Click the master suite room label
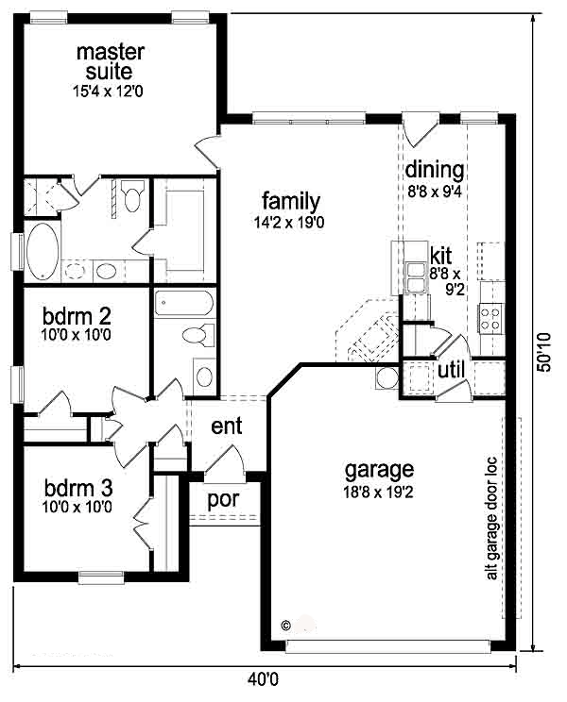pos(111,61)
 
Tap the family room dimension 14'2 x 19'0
pos(289,223)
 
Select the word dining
pos(435,170)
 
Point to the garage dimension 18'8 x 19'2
pos(378,493)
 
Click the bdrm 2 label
pos(77,316)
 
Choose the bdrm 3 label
pos(78,488)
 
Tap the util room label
pos(451,370)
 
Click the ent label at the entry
pos(227,426)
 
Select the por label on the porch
pos(223,500)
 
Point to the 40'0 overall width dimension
pos(263,680)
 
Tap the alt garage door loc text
pos(491,518)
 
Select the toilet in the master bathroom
pos(132,195)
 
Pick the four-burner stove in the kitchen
pos(490,318)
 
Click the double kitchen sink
pos(416,277)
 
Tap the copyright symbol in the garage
pos(285,625)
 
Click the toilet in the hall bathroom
pos(198,335)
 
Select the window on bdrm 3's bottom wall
pos(101,577)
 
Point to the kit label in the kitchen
pos(440,256)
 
